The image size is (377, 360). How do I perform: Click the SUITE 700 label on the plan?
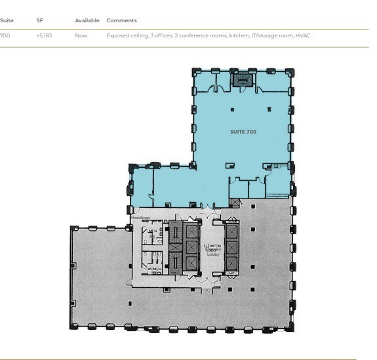243,132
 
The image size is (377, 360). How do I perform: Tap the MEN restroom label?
152,231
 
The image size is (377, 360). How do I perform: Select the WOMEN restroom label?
154,270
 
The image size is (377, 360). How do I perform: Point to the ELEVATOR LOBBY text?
212,249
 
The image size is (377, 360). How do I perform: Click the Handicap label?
140,217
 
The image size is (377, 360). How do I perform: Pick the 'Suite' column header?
7,21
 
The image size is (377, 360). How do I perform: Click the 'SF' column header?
40,21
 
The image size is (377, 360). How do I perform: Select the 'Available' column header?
87,21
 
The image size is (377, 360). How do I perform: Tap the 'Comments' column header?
121,21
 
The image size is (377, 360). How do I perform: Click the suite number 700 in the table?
5,35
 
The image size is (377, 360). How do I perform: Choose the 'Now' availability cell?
81,35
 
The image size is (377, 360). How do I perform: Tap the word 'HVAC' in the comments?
303,35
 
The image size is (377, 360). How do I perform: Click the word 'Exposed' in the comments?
117,35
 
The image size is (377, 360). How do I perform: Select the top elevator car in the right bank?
232,231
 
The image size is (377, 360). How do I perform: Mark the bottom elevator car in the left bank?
191,264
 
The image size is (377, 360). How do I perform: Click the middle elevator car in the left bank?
191,247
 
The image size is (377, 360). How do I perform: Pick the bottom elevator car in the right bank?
232,264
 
